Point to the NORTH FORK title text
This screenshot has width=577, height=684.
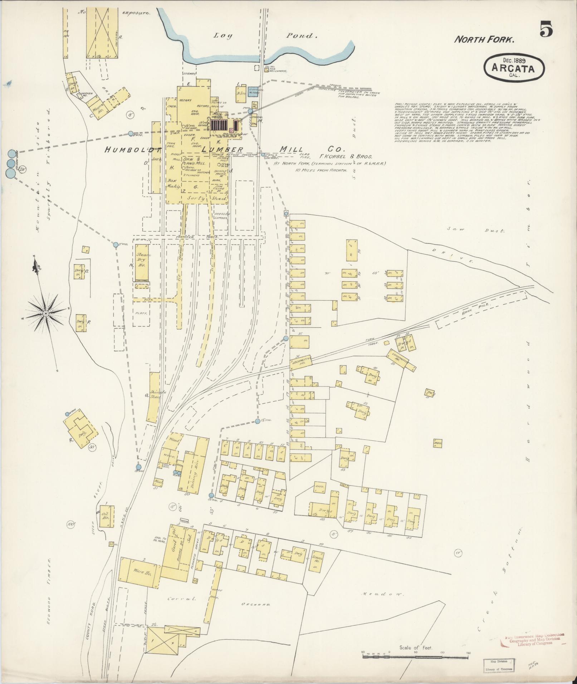click(484, 40)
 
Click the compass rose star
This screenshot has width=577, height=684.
click(46, 313)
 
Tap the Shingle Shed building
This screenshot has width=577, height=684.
click(154, 397)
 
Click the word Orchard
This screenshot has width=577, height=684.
click(255, 605)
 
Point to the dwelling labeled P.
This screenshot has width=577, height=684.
click(81, 323)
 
